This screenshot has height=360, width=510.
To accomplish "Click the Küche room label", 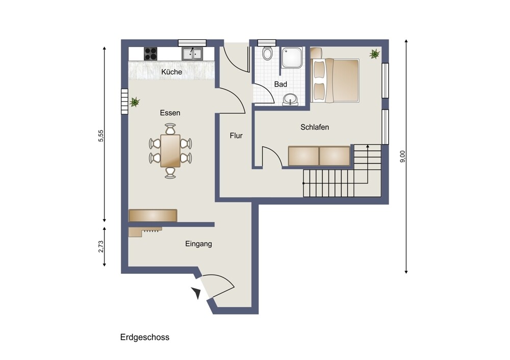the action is pyautogui.click(x=171, y=72).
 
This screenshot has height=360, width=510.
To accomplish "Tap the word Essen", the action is pyautogui.click(x=170, y=113).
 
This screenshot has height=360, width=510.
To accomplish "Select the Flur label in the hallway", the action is pyautogui.click(x=236, y=136).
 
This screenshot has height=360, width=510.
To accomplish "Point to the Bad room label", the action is pyautogui.click(x=280, y=84).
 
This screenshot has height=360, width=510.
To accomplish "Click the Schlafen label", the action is pyautogui.click(x=315, y=127).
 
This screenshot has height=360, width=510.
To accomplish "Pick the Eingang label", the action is pyautogui.click(x=198, y=244).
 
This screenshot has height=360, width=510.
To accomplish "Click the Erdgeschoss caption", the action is pyautogui.click(x=145, y=337).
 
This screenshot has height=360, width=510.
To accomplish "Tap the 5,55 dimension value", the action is pyautogui.click(x=101, y=136).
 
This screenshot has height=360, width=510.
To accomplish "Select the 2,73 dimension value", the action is pyautogui.click(x=101, y=246).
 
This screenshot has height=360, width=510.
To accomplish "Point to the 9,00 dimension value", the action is pyautogui.click(x=402, y=157).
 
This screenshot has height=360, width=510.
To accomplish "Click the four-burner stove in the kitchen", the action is pyautogui.click(x=150, y=54).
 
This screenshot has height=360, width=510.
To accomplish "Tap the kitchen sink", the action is pyautogui.click(x=192, y=54).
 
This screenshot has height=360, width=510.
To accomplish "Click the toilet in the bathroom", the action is pyautogui.click(x=267, y=54).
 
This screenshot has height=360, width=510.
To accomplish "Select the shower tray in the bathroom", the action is pyautogui.click(x=292, y=58).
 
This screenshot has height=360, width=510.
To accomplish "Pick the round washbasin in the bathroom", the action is pyautogui.click(x=290, y=99).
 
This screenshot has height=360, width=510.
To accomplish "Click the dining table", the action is pyautogui.click(x=170, y=151).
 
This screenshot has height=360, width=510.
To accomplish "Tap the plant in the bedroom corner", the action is pyautogui.click(x=375, y=54).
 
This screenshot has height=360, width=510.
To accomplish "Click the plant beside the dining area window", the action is pyautogui.click(x=135, y=102).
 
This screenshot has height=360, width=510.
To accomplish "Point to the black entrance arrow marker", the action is pyautogui.click(x=196, y=293).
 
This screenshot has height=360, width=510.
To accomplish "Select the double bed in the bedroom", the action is pyautogui.click(x=335, y=80).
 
